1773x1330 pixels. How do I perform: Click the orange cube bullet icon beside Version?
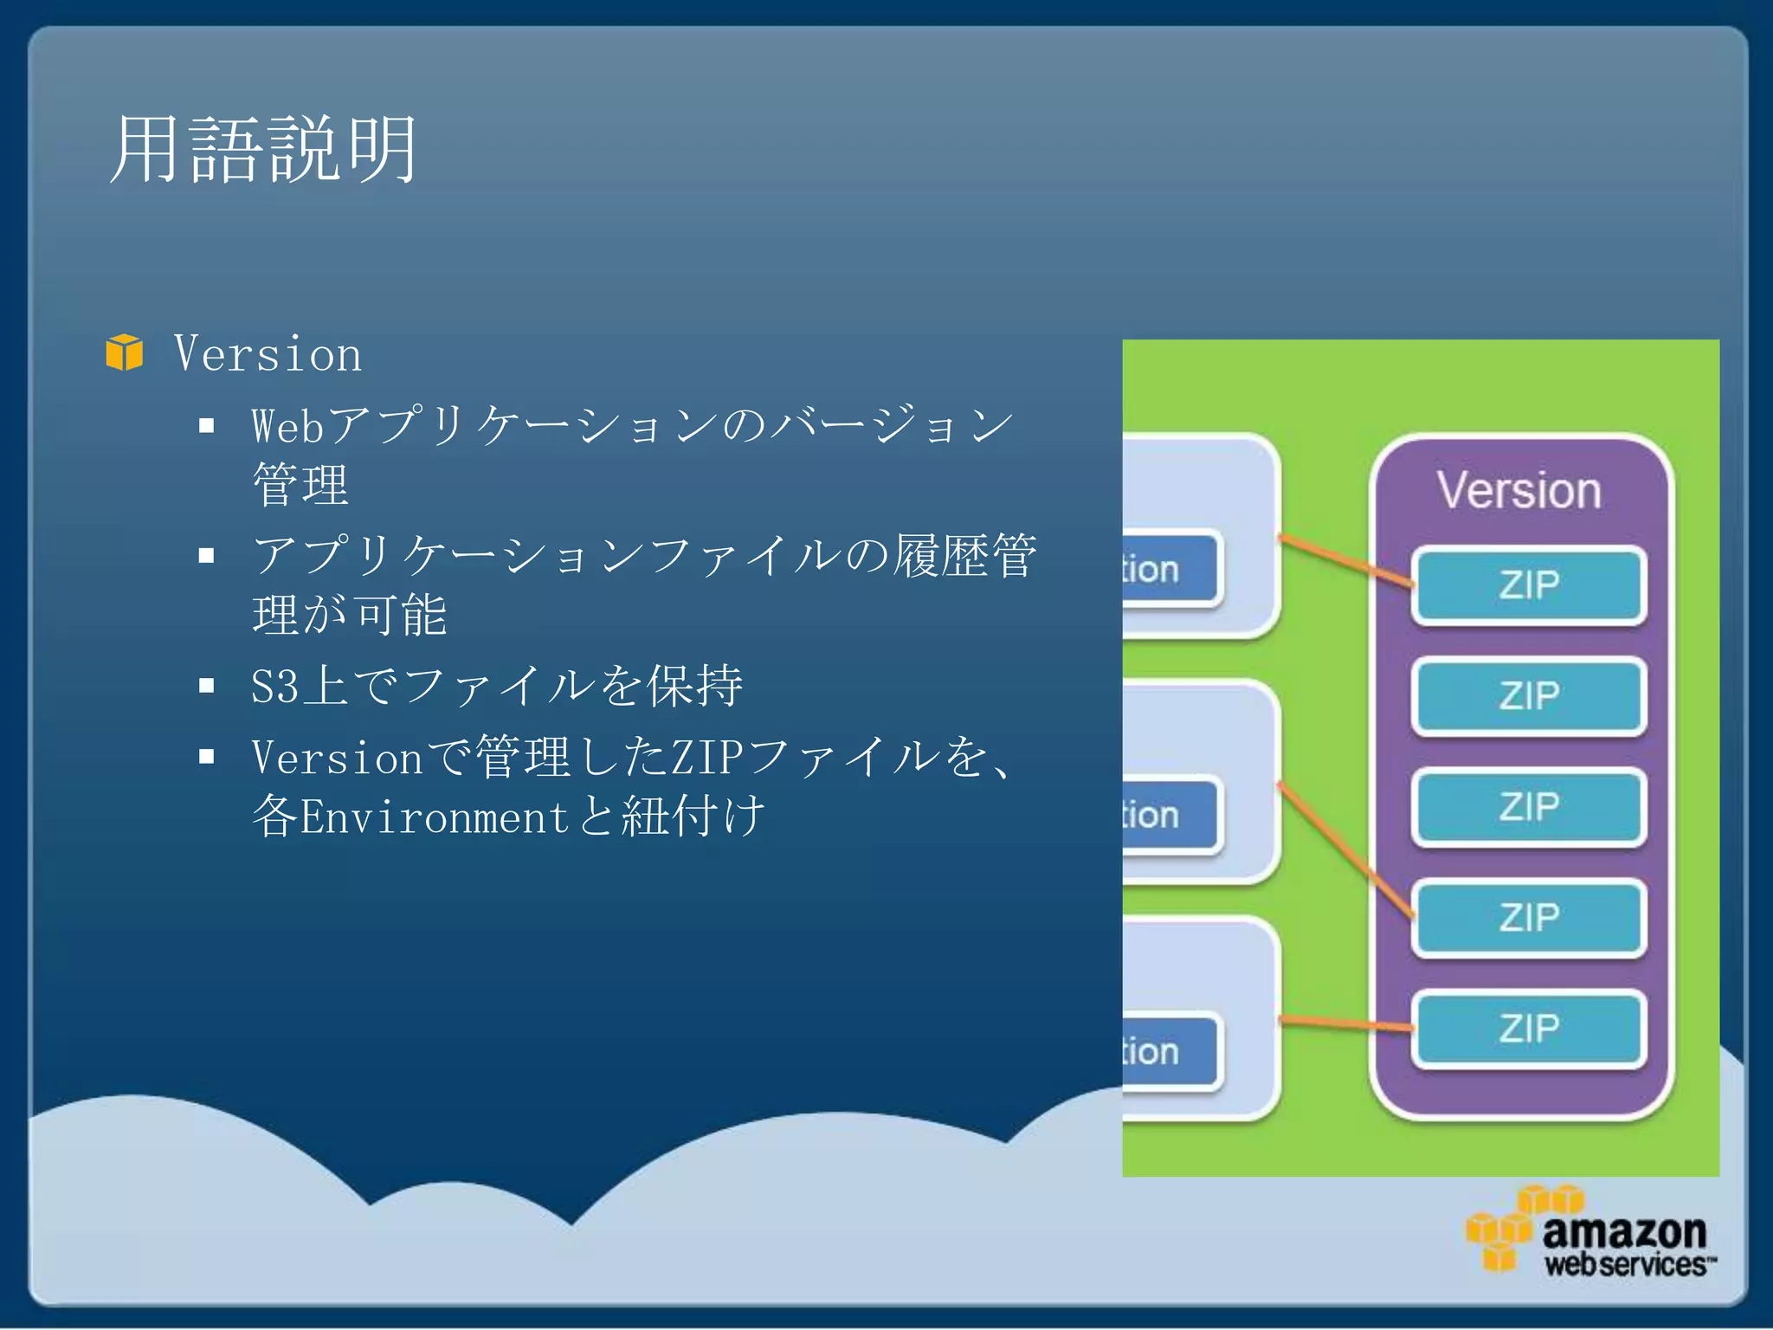pos(125,353)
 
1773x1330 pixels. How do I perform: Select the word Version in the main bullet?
pos(268,354)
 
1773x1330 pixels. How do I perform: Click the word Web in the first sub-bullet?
pos(287,426)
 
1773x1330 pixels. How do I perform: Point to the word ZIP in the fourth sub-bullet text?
pos(707,758)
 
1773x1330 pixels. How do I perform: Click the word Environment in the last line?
pos(434,817)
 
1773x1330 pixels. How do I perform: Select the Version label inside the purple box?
pos(1519,490)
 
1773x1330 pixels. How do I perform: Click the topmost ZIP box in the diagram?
pos(1528,585)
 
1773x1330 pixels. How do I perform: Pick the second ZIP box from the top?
pos(1528,696)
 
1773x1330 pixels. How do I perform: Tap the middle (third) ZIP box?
pos(1528,807)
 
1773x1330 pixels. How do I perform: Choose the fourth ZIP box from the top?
pos(1528,918)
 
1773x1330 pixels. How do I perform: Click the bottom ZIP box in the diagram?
pos(1528,1029)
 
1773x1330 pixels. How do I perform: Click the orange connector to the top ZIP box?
pos(1346,560)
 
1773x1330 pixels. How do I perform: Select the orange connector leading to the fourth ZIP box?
pos(1346,851)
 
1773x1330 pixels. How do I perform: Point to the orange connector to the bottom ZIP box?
pos(1346,1023)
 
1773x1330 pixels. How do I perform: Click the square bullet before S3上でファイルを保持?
pos(206,686)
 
